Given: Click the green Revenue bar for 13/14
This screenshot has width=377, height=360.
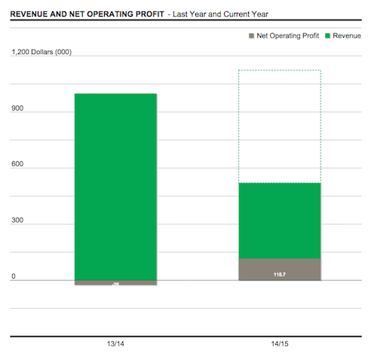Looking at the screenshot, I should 115,187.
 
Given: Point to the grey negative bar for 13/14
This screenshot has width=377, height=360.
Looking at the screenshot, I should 115,283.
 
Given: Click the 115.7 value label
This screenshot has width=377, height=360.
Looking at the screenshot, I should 280,275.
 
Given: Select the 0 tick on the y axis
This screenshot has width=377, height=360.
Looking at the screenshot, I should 14,276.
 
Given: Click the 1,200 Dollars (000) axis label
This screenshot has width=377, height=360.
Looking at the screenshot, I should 41,52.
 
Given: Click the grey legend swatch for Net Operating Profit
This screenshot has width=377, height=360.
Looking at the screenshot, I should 251,35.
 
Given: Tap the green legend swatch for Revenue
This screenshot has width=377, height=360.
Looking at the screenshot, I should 327,35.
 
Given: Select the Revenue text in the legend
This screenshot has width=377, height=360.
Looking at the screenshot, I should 347,35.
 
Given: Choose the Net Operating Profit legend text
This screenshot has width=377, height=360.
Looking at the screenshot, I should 288,35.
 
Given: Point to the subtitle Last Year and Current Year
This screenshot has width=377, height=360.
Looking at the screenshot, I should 225,14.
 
